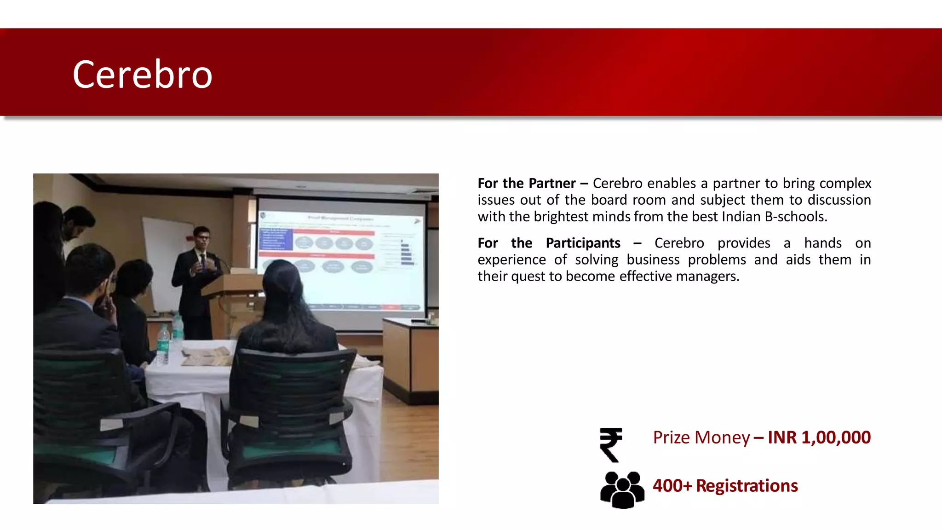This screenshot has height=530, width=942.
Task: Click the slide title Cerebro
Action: click(x=142, y=75)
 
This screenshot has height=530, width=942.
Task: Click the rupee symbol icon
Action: click(x=611, y=444)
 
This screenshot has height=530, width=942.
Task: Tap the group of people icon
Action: click(x=622, y=490)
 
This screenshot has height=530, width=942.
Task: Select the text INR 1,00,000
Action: click(x=819, y=437)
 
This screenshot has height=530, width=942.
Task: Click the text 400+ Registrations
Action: click(x=725, y=486)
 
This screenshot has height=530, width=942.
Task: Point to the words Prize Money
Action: click(x=701, y=438)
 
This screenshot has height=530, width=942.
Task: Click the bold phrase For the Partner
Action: click(x=526, y=184)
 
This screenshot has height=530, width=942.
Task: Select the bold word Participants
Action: click(x=583, y=243)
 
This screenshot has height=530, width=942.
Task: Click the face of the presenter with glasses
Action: click(x=201, y=238)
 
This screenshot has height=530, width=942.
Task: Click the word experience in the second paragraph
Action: click(x=511, y=260)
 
